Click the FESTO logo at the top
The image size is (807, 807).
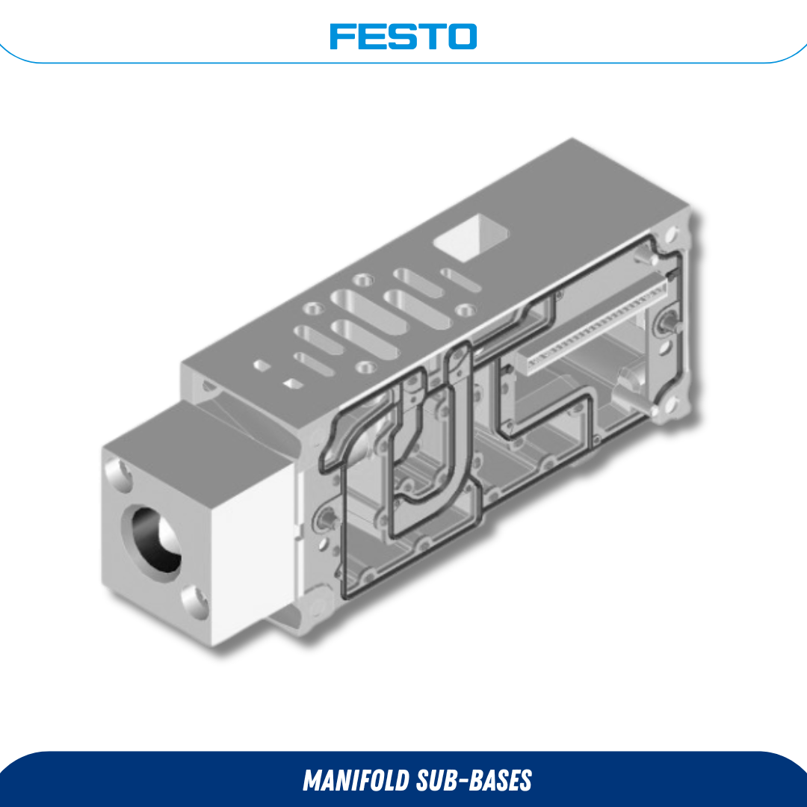[403, 36]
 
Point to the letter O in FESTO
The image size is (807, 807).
[463, 36]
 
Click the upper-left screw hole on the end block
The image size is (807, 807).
[118, 471]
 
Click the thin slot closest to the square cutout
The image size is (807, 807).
[460, 280]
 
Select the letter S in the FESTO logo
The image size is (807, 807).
[401, 36]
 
